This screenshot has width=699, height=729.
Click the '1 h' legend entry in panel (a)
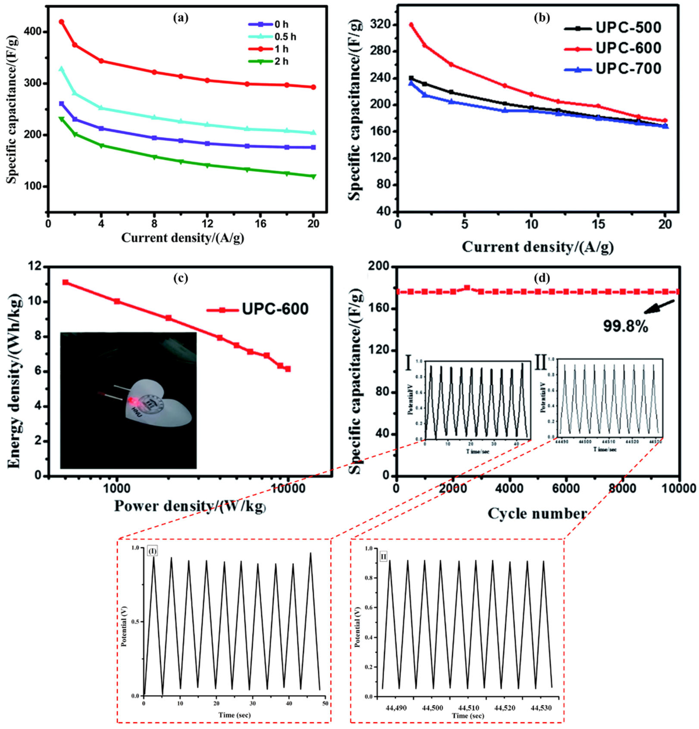281,49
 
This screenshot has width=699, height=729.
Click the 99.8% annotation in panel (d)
625,327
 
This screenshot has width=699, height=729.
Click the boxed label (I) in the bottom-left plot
152,551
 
